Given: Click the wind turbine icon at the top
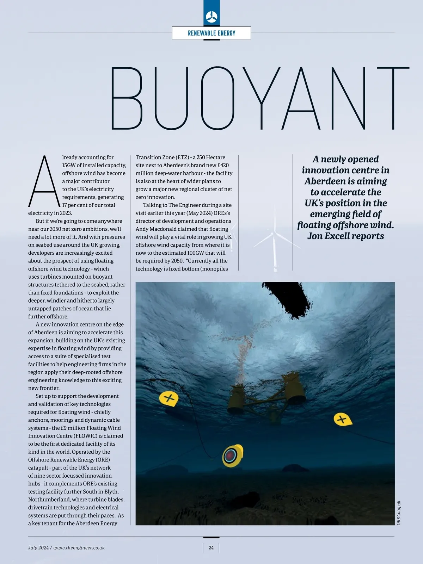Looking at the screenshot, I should coord(211,16).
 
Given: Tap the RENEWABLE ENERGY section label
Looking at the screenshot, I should coord(211,33).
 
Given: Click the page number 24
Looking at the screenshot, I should coord(211,547).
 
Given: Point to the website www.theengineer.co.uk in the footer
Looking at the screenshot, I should coord(79,547).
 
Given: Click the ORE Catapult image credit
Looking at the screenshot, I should coord(399,513).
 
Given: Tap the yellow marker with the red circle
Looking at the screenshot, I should coord(232,456).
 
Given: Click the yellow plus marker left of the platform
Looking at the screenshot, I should coord(169,399).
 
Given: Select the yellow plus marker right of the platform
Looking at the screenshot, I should coord(342,419).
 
